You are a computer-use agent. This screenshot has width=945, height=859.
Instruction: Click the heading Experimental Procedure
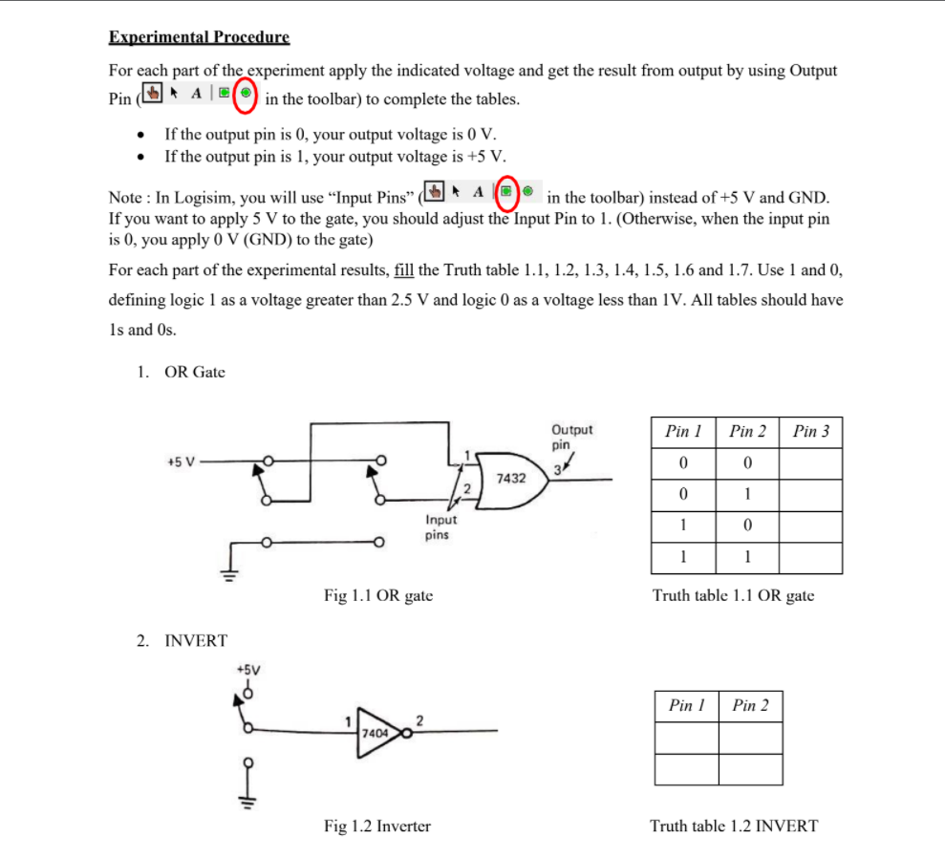pyautogui.click(x=199, y=38)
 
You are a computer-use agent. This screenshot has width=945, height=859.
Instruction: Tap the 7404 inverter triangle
pyautogui.click(x=378, y=733)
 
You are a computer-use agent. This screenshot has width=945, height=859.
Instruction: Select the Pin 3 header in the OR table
pyautogui.click(x=810, y=432)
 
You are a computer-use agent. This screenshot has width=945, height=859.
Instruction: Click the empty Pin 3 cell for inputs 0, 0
pyautogui.click(x=810, y=463)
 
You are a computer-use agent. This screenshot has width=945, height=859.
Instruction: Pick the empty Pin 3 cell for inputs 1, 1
pyautogui.click(x=810, y=557)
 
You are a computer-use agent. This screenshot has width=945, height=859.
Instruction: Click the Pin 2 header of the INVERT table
pyautogui.click(x=750, y=706)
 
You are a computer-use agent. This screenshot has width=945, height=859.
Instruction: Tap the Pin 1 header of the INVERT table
pyautogui.click(x=686, y=706)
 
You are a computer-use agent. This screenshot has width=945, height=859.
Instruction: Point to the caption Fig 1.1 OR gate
pyautogui.click(x=378, y=595)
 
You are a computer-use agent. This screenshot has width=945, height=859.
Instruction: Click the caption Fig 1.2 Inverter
pyautogui.click(x=377, y=826)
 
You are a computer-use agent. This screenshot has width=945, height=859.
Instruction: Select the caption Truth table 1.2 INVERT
pyautogui.click(x=734, y=826)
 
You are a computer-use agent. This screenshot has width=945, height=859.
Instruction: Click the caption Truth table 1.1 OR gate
pyautogui.click(x=733, y=595)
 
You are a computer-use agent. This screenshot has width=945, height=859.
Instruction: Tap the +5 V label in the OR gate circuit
pyautogui.click(x=180, y=462)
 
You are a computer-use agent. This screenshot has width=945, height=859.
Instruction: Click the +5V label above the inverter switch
pyautogui.click(x=247, y=669)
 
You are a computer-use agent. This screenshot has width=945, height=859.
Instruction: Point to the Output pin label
pyautogui.click(x=571, y=437)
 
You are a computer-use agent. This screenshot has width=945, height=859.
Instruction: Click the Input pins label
pyautogui.click(x=440, y=527)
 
